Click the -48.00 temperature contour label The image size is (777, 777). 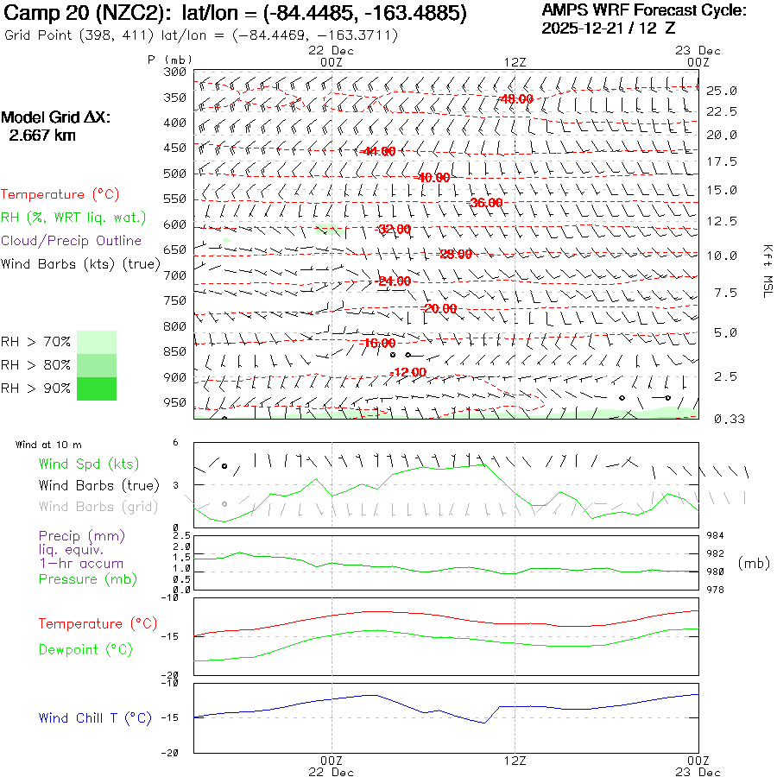point(515,99)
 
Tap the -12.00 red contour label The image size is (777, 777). point(408,372)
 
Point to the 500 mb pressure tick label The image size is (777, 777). point(175,174)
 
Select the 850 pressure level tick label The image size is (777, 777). point(175,351)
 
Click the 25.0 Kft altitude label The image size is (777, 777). point(721,90)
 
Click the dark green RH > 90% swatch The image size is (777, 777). point(97,388)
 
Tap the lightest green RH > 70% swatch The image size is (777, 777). point(97,342)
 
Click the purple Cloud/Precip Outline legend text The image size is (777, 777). point(71,241)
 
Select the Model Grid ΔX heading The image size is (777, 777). point(56,117)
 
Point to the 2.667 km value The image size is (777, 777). point(41,136)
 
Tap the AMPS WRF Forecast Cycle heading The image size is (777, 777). point(643,10)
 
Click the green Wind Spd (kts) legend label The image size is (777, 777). point(88,464)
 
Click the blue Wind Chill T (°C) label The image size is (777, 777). point(95,718)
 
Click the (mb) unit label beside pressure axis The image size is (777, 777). point(754,563)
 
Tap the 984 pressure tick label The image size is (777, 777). point(716,535)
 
